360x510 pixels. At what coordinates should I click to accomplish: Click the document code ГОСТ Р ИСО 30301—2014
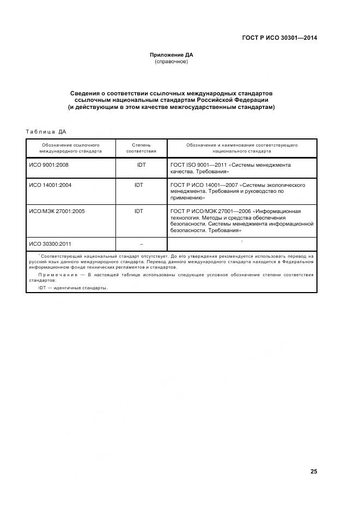(x=279, y=38)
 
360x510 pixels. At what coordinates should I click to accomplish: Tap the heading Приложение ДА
(x=172, y=54)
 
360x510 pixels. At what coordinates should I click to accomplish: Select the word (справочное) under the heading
(x=172, y=62)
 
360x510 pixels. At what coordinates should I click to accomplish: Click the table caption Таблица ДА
(x=46, y=131)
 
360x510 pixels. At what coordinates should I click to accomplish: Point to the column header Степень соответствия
(x=141, y=149)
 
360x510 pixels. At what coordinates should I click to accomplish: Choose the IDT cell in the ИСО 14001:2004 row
(x=139, y=185)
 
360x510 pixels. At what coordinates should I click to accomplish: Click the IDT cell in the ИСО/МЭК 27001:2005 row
(x=139, y=211)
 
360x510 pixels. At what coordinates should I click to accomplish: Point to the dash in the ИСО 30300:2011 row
(x=141, y=244)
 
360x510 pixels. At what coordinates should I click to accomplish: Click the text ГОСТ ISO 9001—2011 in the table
(x=198, y=165)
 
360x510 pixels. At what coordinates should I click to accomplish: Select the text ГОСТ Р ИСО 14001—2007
(x=204, y=185)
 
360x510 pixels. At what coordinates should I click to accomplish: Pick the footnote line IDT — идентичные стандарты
(x=73, y=288)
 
